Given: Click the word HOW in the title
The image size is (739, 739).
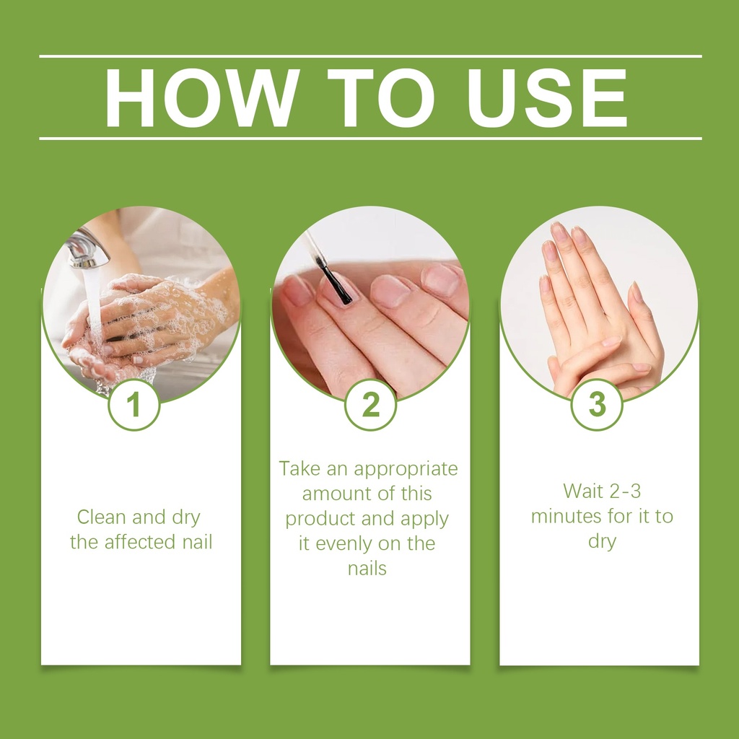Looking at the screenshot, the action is coord(202,98).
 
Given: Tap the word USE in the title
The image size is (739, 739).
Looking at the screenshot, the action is coord(547,98).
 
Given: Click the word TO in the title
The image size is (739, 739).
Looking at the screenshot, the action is coord(381,98).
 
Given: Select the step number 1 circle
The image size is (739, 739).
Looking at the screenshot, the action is coord(134,405).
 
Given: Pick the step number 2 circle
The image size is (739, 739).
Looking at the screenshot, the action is coord(370,405).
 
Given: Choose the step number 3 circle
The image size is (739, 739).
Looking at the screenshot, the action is coord(597,405).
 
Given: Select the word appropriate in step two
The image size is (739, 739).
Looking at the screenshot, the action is coord(406,470).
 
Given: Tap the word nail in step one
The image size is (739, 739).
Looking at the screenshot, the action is coord(198,542).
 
